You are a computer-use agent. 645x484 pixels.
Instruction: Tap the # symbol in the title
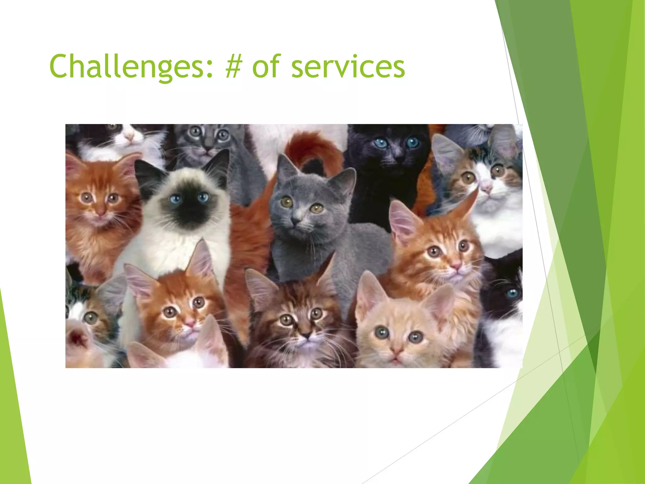233,66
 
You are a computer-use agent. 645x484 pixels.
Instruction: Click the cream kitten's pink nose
396,350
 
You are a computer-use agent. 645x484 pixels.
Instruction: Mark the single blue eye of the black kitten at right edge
511,293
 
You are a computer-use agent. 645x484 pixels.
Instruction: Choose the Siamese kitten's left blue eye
176,199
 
